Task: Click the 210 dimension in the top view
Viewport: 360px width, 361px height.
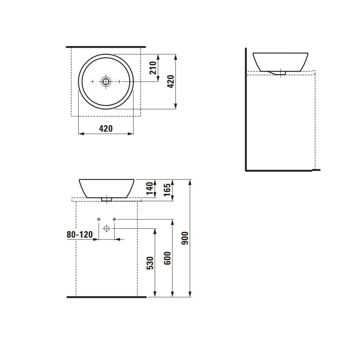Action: (153, 68)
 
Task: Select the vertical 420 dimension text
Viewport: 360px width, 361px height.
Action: (171, 81)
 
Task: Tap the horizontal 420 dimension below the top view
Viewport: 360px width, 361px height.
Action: (106, 129)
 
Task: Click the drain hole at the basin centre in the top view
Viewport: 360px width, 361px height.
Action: (106, 81)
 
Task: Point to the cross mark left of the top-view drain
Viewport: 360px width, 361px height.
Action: (93, 81)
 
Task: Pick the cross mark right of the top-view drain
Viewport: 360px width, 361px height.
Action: (119, 81)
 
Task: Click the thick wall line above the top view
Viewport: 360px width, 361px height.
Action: (106, 47)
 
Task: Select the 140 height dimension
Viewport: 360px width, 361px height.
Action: (150, 189)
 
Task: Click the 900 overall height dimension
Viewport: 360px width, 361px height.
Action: (185, 238)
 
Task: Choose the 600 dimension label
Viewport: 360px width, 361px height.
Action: (168, 258)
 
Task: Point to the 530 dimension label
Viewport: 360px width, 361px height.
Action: (150, 263)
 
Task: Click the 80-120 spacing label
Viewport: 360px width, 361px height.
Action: (80, 235)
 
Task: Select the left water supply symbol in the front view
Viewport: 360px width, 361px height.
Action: (99, 219)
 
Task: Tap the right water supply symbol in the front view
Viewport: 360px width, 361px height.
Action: (115, 219)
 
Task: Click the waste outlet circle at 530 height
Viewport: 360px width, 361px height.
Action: (107, 228)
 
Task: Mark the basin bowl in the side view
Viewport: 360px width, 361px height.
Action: (280, 61)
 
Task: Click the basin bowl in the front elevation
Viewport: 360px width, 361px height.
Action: (107, 188)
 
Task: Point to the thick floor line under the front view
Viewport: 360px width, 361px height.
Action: (107, 297)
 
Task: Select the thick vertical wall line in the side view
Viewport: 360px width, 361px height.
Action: (246, 110)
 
